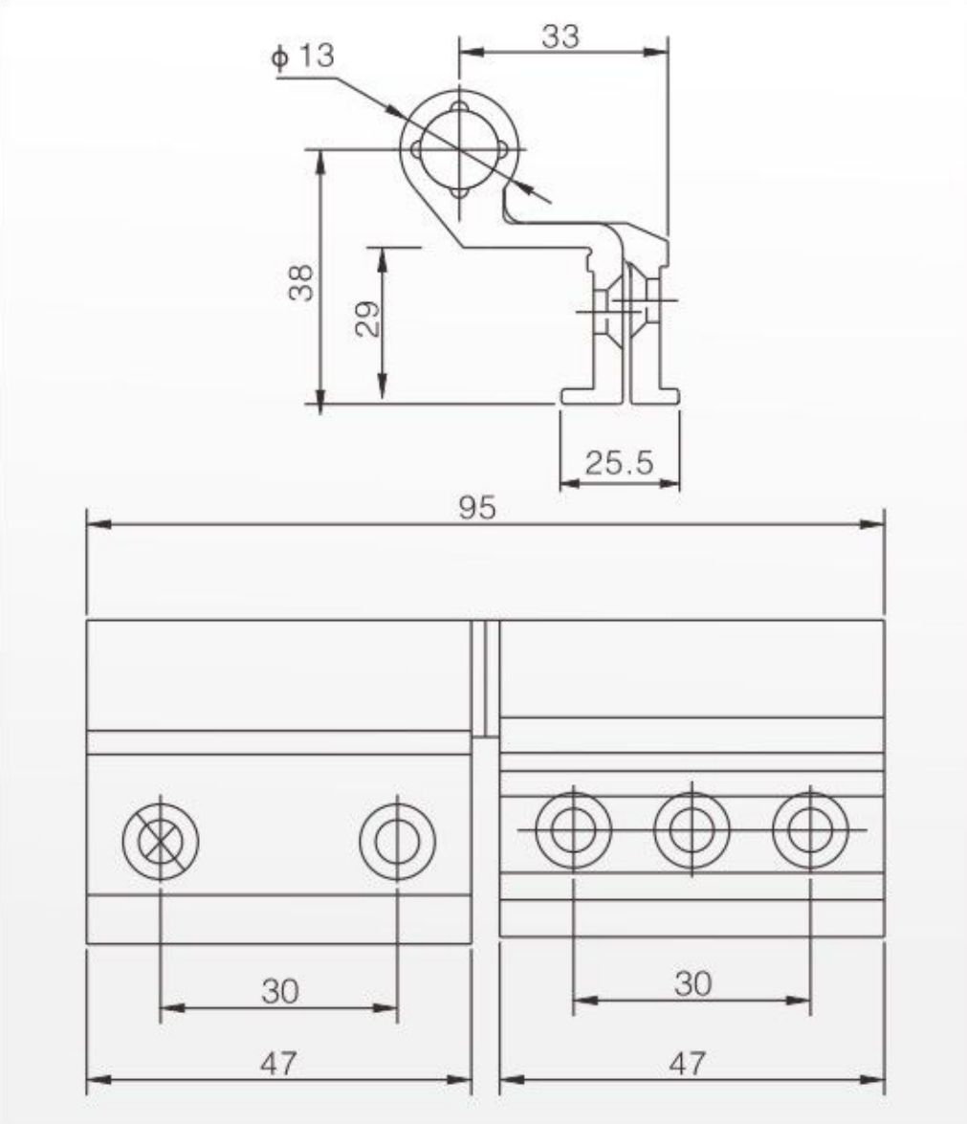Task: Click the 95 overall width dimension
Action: pos(476,508)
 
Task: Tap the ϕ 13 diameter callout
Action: pos(302,55)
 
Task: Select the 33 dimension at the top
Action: pos(560,35)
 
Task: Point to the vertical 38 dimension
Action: pos(301,282)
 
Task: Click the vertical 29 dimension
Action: pos(367,319)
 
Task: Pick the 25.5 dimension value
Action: pos(620,462)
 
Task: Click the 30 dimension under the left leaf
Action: pos(279,991)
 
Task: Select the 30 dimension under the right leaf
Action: pos(692,983)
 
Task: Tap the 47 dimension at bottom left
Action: pos(278,1064)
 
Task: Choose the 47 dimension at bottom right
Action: pos(688,1064)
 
